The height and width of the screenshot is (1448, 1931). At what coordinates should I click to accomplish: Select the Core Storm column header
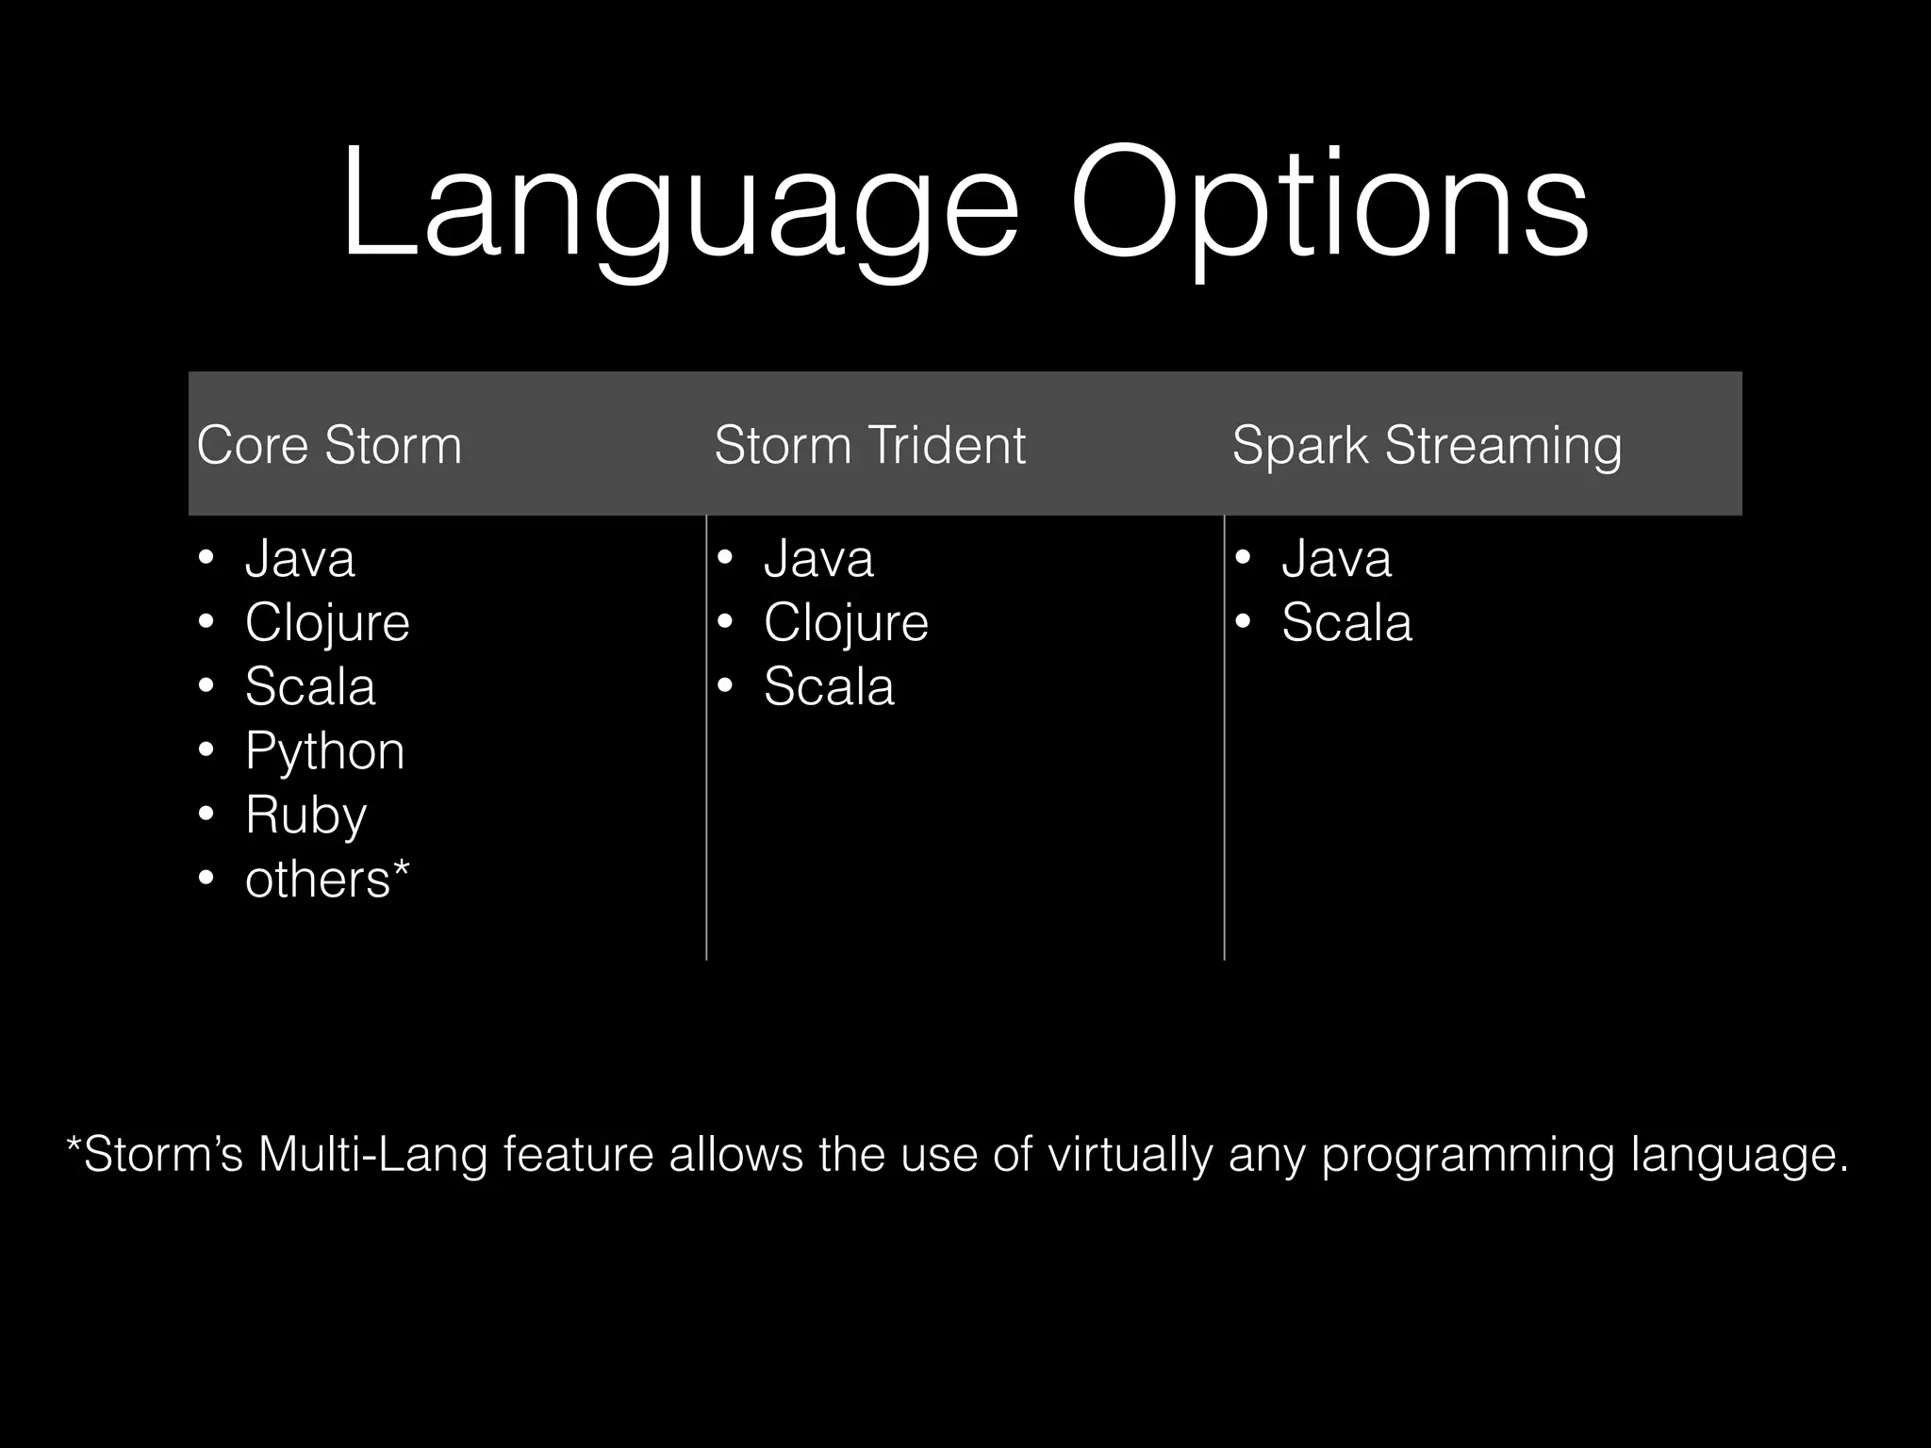pyautogui.click(x=329, y=445)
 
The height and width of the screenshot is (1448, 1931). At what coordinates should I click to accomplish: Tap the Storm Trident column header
pyautogui.click(x=869, y=445)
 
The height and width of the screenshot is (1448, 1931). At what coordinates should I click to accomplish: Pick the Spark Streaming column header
pyautogui.click(x=1427, y=445)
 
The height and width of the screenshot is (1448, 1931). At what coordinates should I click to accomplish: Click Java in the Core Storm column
pyautogui.click(x=300, y=558)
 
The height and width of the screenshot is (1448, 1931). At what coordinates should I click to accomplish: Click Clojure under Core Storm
pyautogui.click(x=327, y=622)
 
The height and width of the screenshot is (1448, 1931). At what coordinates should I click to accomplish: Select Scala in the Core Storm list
pyautogui.click(x=310, y=686)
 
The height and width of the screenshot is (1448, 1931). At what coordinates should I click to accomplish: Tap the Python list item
pyautogui.click(x=324, y=751)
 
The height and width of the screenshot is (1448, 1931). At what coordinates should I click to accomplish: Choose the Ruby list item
pyautogui.click(x=305, y=814)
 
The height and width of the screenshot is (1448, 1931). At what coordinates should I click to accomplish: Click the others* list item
pyautogui.click(x=327, y=880)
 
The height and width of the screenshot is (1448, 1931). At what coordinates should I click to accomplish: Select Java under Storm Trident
pyautogui.click(x=818, y=558)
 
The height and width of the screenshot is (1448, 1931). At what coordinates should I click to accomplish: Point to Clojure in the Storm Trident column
pyautogui.click(x=846, y=622)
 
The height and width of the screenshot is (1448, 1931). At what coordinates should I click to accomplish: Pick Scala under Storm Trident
pyautogui.click(x=829, y=686)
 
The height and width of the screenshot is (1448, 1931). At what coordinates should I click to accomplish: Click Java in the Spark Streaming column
pyautogui.click(x=1336, y=558)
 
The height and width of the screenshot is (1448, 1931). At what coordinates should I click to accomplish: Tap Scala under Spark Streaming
pyautogui.click(x=1346, y=622)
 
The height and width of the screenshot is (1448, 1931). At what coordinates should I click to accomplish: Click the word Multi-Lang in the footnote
pyautogui.click(x=372, y=1155)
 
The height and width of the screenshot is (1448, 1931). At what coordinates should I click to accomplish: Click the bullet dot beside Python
pyautogui.click(x=206, y=751)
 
